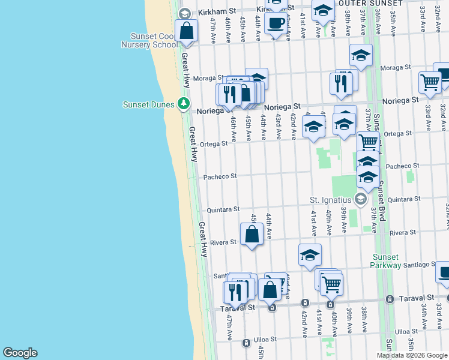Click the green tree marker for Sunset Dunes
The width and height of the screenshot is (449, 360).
point(184,104)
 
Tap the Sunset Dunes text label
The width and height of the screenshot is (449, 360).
point(149,104)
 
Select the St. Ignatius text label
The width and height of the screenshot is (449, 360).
point(330,199)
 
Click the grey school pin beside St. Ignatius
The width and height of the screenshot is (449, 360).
point(360,199)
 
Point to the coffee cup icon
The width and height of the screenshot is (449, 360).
point(276,23)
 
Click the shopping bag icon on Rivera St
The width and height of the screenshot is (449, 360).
point(252,235)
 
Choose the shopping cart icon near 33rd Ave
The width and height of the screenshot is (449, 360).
point(430,82)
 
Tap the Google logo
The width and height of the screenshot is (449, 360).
point(20,353)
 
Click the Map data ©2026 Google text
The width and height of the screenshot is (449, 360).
point(412,355)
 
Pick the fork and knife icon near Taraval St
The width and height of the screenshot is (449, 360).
point(235,292)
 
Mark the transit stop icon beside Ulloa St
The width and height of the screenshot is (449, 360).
point(246,343)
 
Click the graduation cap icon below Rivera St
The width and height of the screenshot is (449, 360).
point(310,255)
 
